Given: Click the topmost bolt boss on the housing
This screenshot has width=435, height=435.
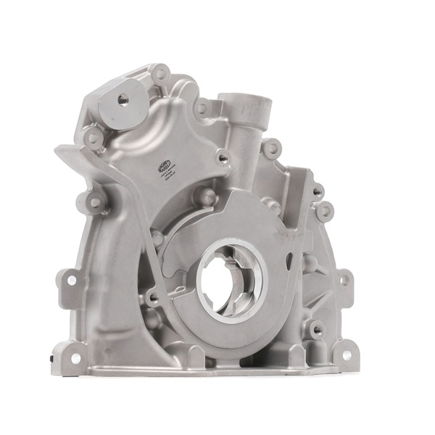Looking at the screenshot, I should coord(159,72).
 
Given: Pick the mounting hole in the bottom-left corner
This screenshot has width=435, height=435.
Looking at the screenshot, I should coord(75,358).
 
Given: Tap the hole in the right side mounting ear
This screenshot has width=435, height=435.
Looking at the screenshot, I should coord(344,279).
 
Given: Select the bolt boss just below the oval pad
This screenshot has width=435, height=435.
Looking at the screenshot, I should coord(93,136).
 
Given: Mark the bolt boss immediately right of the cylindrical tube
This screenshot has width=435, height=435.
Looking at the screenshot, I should coord(272,149).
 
